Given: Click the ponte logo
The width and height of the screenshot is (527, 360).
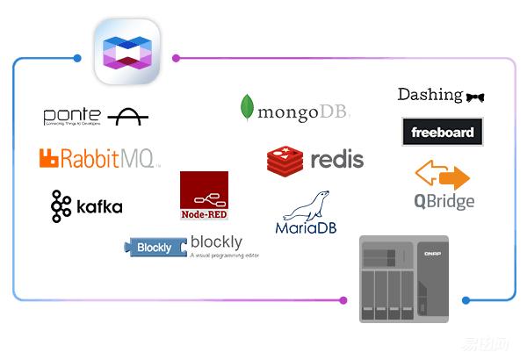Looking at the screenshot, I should pyautogui.click(x=96, y=116).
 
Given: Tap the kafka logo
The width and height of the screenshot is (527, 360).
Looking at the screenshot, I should pyautogui.click(x=86, y=206).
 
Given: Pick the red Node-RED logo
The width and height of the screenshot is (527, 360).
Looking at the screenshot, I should pyautogui.click(x=204, y=196).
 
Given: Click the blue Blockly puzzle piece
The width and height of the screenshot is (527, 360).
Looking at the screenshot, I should pyautogui.click(x=156, y=247).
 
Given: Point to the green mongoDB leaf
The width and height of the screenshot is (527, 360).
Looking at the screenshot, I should pyautogui.click(x=248, y=108).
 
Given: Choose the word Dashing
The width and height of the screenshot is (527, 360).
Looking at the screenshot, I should pyautogui.click(x=430, y=95).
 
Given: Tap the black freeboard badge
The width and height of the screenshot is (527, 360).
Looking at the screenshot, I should pyautogui.click(x=442, y=133).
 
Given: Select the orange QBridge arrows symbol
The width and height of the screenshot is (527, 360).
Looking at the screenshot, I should pyautogui.click(x=443, y=175).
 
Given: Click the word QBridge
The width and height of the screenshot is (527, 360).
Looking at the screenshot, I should pyautogui.click(x=444, y=201).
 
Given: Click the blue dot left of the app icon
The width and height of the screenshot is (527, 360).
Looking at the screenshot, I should pyautogui.click(x=77, y=59).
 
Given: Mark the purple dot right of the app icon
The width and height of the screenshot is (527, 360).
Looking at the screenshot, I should pyautogui.click(x=177, y=59).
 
